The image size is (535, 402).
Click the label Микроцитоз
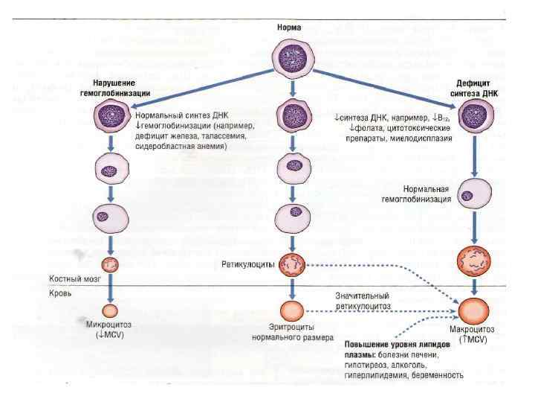[110, 328]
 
